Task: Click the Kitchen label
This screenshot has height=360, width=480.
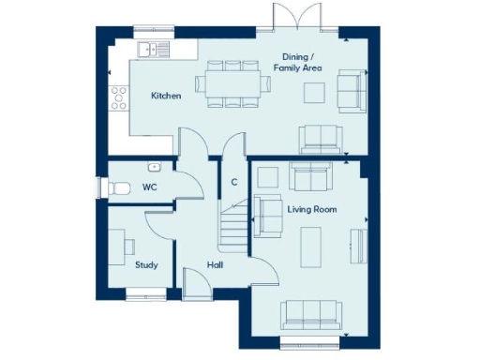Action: point(167,96)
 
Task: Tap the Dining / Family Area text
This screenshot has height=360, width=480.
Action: point(298,62)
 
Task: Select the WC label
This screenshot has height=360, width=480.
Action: point(148,187)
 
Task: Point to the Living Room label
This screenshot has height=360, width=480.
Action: point(311,209)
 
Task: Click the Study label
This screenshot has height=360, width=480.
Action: point(146,265)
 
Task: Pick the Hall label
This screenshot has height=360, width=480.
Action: point(215,265)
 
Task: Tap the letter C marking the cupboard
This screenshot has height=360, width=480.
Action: point(232,183)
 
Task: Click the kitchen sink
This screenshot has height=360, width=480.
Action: point(151,48)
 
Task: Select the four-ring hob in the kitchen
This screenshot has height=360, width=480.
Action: point(120,95)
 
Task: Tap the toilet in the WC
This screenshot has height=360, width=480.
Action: point(117,187)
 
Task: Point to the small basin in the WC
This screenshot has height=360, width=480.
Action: point(155,167)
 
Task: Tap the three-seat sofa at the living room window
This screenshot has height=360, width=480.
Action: point(311,313)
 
